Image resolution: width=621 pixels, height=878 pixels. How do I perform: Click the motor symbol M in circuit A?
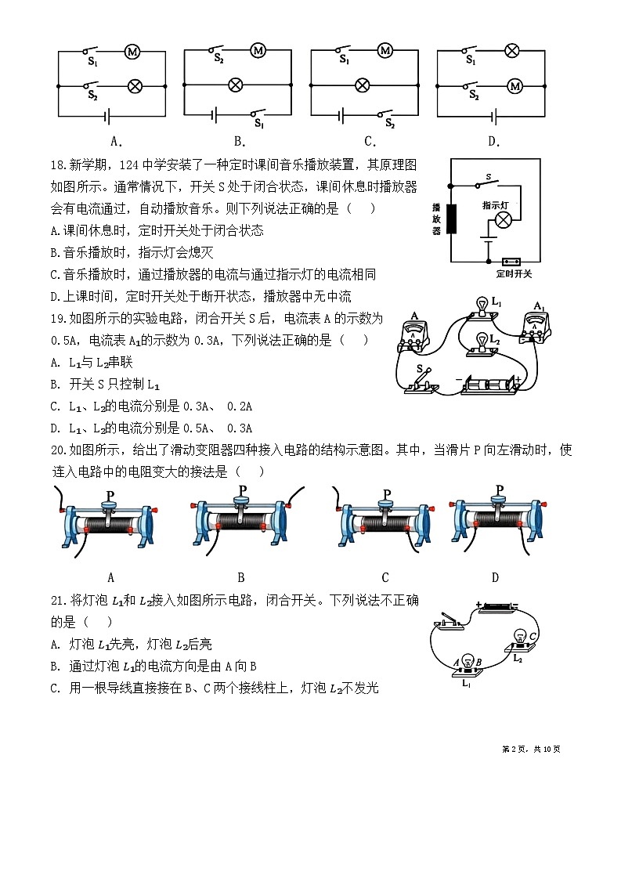point(133,52)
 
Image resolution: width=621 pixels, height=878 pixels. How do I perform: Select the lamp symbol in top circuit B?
point(235,85)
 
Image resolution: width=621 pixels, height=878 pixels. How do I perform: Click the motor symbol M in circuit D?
point(514,85)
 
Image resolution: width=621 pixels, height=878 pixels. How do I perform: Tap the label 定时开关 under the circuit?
point(514,273)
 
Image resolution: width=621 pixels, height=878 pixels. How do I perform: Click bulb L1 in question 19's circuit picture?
point(482,307)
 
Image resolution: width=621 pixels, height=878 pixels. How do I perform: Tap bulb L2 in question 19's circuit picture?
point(482,342)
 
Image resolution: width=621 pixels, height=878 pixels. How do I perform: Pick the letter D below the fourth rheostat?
point(495,577)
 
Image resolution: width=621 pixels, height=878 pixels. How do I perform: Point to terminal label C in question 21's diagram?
point(533,635)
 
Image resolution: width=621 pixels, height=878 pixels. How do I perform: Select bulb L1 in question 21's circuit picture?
point(468,663)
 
